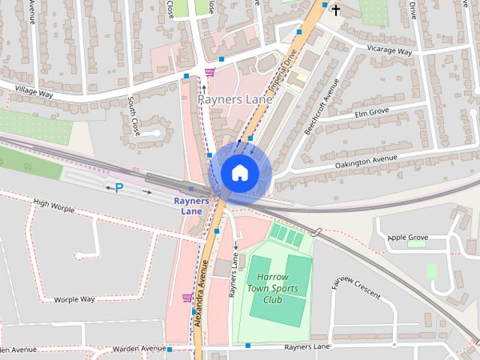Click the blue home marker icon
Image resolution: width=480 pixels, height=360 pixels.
click(239, 173)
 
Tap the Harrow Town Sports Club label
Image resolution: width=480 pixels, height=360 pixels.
click(273, 288)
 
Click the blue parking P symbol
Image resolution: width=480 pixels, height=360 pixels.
click(118, 188)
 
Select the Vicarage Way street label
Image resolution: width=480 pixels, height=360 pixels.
click(390, 50)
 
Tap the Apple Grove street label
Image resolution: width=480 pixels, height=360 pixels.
click(407, 238)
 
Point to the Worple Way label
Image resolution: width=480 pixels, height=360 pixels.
click(75, 299)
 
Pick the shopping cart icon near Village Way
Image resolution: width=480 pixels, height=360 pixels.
click(210, 72)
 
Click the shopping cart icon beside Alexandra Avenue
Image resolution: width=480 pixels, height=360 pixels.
click(187, 298)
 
